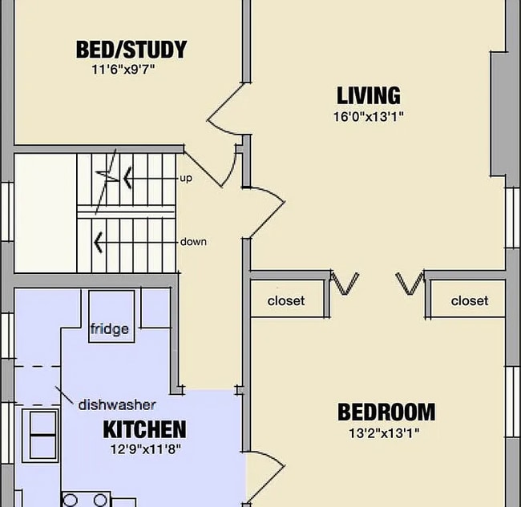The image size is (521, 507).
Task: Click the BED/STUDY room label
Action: (x=131, y=50)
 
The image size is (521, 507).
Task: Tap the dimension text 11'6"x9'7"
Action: (x=123, y=70)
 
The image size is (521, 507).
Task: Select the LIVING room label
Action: (x=368, y=96)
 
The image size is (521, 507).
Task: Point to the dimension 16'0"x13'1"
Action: (x=369, y=117)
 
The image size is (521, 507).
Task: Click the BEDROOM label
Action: (x=386, y=412)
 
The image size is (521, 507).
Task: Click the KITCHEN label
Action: (x=144, y=429)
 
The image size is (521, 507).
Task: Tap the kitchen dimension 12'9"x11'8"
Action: (x=146, y=449)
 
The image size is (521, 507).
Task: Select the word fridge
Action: (x=110, y=329)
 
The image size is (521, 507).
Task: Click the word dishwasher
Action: (x=116, y=404)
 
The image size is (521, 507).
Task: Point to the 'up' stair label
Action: (x=185, y=178)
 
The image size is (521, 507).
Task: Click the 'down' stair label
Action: (x=193, y=241)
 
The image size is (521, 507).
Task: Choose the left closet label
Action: (x=286, y=301)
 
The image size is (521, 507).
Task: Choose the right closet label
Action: (x=469, y=301)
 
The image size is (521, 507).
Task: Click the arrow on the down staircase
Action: (x=100, y=240)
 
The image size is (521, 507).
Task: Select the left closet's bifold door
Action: (x=345, y=283)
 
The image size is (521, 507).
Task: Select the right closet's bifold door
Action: (x=410, y=283)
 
